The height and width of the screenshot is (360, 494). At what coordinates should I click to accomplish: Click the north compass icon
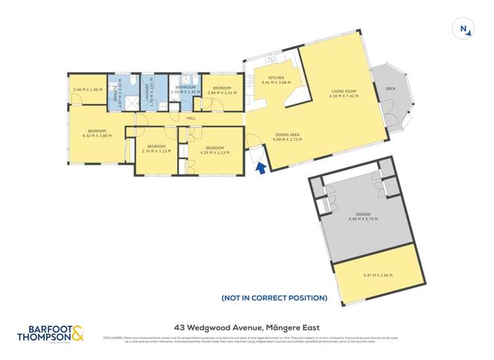[464, 28]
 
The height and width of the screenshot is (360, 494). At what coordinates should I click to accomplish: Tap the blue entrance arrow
[260, 168]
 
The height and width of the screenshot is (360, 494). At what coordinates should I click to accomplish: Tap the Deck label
[390, 88]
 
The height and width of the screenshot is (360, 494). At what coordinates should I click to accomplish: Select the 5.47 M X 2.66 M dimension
[373, 275]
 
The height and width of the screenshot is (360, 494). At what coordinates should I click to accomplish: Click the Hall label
[191, 118]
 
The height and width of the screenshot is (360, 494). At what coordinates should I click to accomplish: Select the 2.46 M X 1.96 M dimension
[88, 90]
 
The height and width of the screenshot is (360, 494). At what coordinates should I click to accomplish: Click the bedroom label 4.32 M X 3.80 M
[97, 132]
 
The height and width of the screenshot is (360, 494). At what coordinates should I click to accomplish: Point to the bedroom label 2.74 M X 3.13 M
[156, 149]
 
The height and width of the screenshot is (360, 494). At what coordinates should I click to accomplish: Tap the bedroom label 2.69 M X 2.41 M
[221, 90]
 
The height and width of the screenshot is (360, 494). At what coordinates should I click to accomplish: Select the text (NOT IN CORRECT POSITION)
[275, 298]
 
